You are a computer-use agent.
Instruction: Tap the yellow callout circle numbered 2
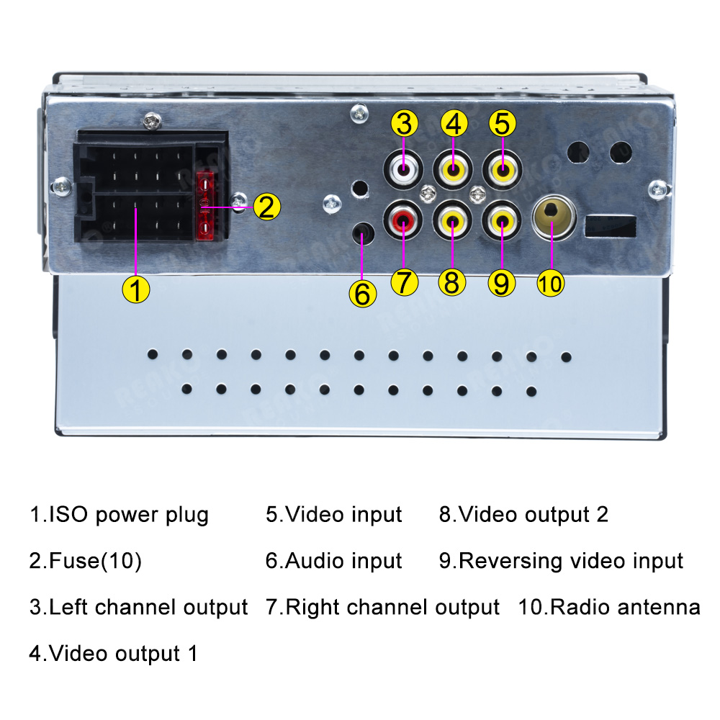tap(266, 207)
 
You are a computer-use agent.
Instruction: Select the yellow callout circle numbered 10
tap(551, 283)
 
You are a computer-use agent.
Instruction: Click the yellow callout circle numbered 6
tap(362, 294)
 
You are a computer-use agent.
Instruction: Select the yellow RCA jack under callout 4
tap(453, 171)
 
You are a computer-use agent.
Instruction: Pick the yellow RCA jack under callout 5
tap(502, 171)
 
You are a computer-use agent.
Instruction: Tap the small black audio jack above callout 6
tap(362, 234)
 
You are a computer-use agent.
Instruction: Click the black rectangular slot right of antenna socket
tap(611, 228)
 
